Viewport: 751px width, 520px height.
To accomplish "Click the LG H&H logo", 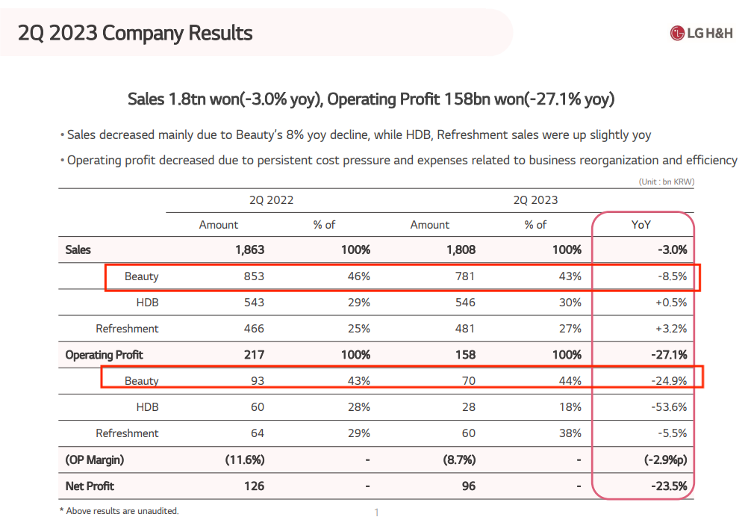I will click(701, 33).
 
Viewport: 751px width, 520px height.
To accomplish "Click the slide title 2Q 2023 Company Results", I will click(135, 34).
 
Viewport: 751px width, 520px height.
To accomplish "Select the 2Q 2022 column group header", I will click(271, 199).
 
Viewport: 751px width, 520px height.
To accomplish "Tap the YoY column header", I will click(642, 224).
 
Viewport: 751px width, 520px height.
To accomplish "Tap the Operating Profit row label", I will click(104, 355).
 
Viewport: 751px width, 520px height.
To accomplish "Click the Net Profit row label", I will click(90, 486).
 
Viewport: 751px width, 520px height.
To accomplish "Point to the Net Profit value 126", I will click(254, 486).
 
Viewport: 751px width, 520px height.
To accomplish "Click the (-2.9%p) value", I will click(665, 459).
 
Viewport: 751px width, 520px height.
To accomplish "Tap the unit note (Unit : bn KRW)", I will click(667, 182).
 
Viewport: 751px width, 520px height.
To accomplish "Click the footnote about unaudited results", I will click(119, 511).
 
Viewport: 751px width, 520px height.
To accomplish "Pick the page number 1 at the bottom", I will click(376, 512).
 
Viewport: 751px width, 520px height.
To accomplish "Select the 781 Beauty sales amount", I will click(464, 276).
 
